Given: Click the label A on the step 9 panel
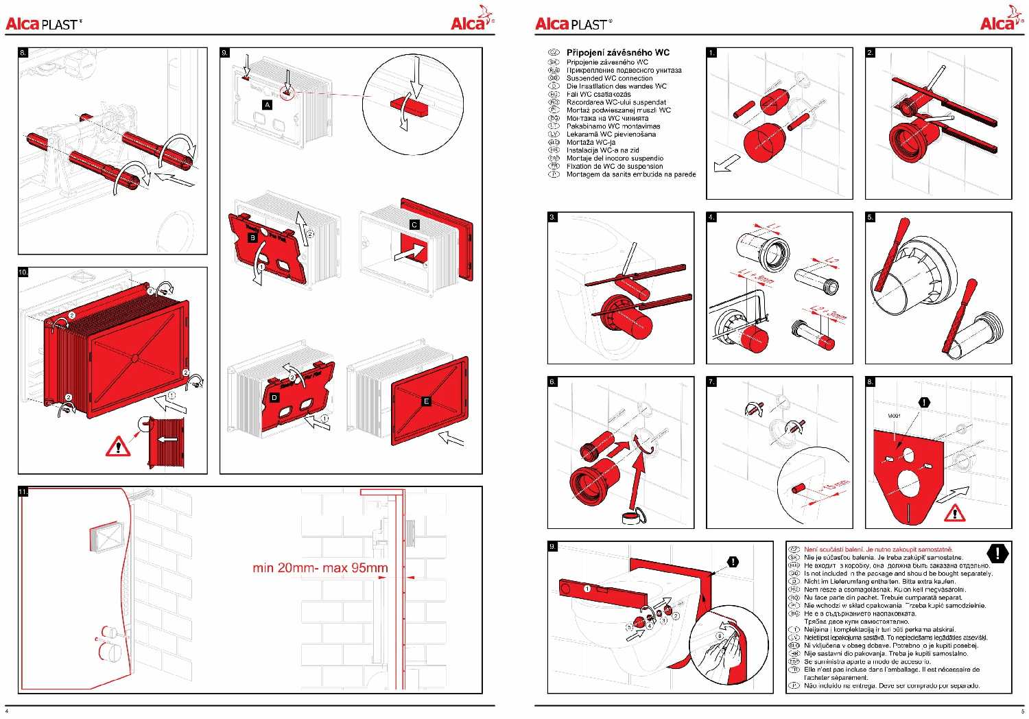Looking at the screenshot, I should pos(268,104).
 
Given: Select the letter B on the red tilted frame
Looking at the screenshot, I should pos(252,237).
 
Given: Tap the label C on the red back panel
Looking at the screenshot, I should pos(414,224).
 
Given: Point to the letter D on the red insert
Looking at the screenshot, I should pos(275,397).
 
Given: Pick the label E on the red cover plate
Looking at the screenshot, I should pos(426,401).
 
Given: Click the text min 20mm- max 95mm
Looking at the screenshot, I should pos(320,567).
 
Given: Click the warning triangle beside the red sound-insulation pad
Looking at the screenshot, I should pos(954,512).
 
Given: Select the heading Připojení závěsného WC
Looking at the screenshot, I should pos(617,52).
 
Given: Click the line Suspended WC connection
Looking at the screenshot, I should pos(609,78).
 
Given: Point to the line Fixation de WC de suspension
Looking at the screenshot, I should pos(615,166).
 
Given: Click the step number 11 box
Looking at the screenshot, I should pos(23,492).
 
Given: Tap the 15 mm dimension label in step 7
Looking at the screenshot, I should pos(835,486).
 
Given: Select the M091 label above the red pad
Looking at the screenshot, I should pos(894,416).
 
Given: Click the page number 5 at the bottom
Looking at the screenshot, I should pos(1021,711).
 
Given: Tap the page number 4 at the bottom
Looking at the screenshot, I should pos(7,711).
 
